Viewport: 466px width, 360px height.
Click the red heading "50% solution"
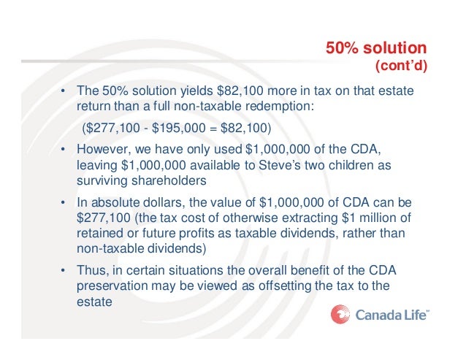pos(376,48)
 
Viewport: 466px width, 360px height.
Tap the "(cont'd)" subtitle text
pos(400,66)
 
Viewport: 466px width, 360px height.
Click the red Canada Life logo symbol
pos(340,315)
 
